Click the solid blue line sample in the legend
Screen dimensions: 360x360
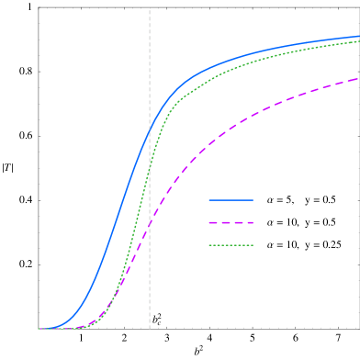pos(231,199)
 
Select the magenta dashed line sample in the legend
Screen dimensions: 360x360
pos(231,222)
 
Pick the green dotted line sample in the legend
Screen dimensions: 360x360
pos(231,245)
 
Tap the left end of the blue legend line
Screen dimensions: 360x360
pos(209,199)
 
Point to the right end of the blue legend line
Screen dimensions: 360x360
pos(253,199)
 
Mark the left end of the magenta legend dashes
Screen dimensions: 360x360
pos(209,222)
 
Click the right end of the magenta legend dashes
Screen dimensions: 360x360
pos(253,222)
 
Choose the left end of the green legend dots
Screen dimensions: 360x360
pos(209,245)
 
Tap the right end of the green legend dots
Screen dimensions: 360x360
pos(253,245)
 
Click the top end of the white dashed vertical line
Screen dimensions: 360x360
pos(150,11)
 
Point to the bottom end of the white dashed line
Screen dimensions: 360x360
pos(150,329)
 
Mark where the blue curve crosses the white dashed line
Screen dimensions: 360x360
pos(150,131)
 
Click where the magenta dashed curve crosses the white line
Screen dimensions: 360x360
pos(150,222)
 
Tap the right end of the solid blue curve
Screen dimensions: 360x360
pos(359,37)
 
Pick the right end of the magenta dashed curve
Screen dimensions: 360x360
pos(359,79)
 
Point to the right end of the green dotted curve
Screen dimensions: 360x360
pos(359,41)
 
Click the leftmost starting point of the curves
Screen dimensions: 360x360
pos(39,328)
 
